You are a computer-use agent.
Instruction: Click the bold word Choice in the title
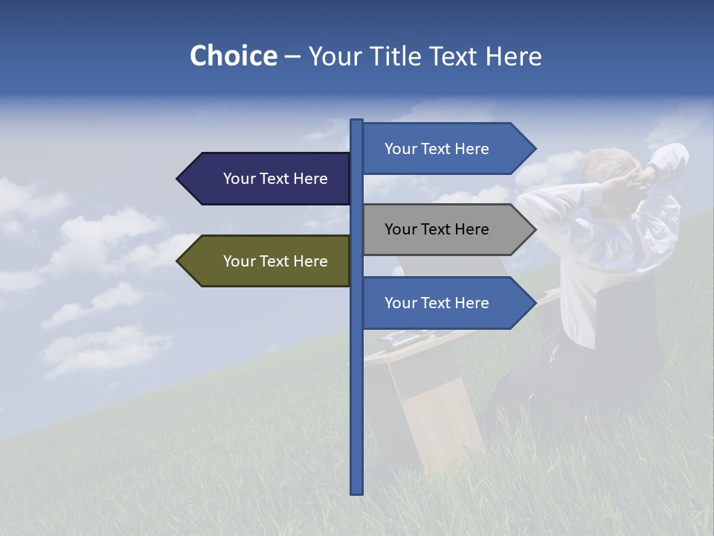pyautogui.click(x=233, y=56)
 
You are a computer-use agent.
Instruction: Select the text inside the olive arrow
pyautogui.click(x=275, y=261)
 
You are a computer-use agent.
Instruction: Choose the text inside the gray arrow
pyautogui.click(x=437, y=229)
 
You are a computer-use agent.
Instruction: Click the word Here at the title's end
pyautogui.click(x=513, y=57)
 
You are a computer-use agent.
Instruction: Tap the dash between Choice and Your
pyautogui.click(x=292, y=57)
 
